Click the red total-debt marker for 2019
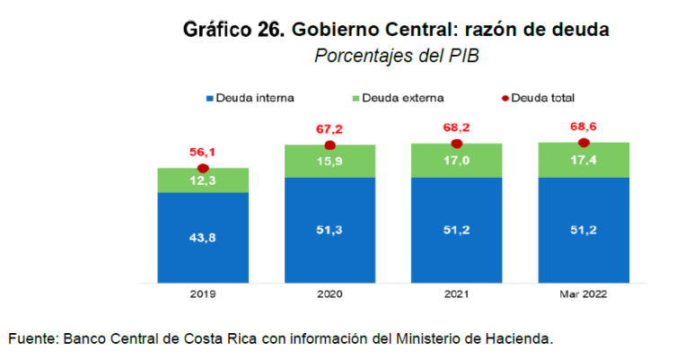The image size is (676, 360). pyautogui.click(x=203, y=168)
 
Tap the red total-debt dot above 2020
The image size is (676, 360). pyautogui.click(x=329, y=145)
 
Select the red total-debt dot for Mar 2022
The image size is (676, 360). pyautogui.click(x=584, y=143)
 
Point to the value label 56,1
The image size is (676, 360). pyautogui.click(x=203, y=153)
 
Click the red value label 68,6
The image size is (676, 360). pyautogui.click(x=584, y=127)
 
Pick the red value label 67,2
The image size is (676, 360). pyautogui.click(x=329, y=129)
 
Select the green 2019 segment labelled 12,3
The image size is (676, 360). pyautogui.click(x=203, y=181)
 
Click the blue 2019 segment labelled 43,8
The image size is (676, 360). pyautogui.click(x=203, y=238)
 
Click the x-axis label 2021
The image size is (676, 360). pyautogui.click(x=456, y=294)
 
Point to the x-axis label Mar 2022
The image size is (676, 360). pyautogui.click(x=584, y=294)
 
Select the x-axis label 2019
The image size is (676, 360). pyautogui.click(x=203, y=294)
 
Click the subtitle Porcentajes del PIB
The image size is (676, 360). pyautogui.click(x=396, y=56)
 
